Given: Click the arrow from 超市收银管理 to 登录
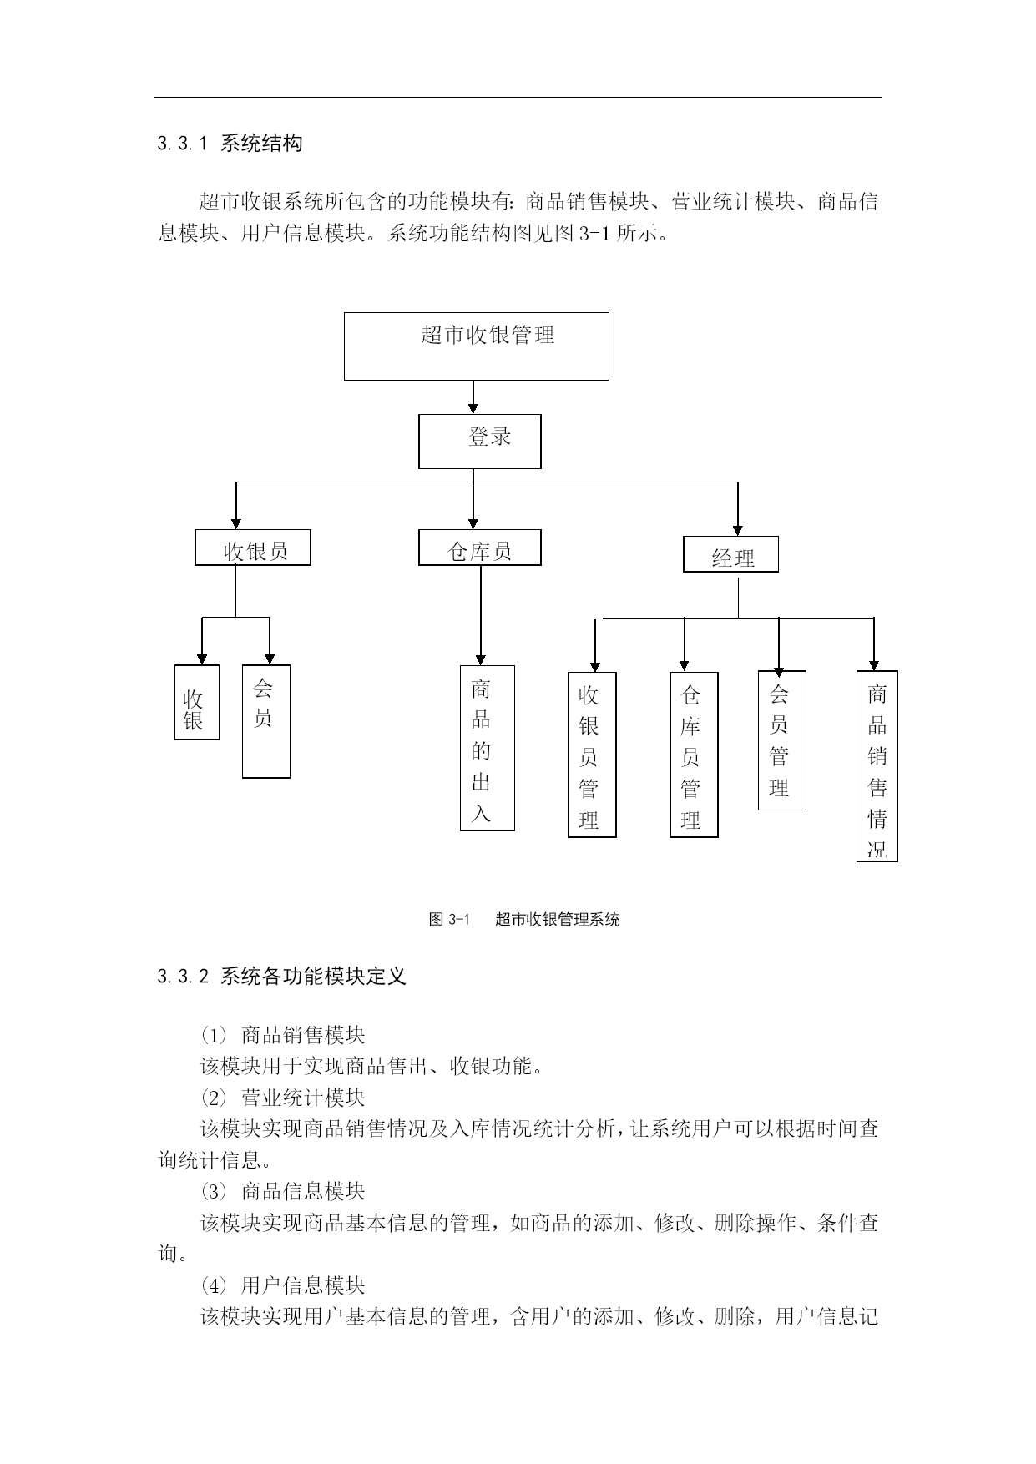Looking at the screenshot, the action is pos(473,397).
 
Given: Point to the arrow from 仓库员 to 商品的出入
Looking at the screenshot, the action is pos(480,615).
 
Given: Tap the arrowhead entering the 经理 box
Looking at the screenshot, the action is pos(738,530).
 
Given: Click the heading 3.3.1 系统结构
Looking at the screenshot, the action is pos(230,144).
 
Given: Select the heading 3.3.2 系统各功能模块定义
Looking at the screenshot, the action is pos(281,977).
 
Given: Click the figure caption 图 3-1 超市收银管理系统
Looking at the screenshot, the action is pos(524,920).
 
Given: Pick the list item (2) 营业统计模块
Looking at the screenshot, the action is pos(283,1098).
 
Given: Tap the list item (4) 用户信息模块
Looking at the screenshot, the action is pos(283,1285).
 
